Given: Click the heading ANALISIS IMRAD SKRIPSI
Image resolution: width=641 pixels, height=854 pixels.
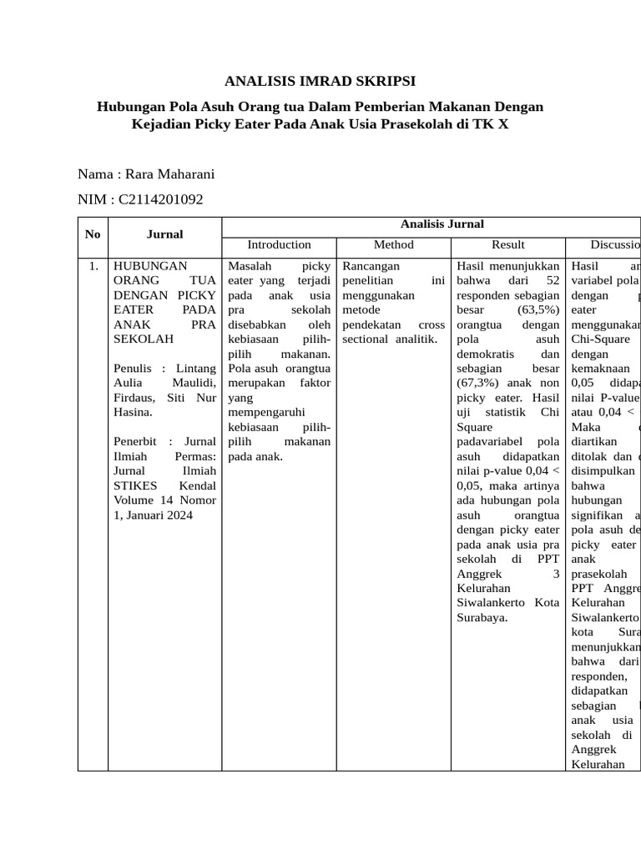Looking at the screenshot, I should pyautogui.click(x=320, y=81).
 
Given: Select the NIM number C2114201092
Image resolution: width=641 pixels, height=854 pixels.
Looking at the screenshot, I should pyautogui.click(x=161, y=199).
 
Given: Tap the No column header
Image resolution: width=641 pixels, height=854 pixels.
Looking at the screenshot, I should pyautogui.click(x=93, y=234).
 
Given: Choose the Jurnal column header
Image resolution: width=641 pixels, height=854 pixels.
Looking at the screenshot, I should pyautogui.click(x=164, y=234).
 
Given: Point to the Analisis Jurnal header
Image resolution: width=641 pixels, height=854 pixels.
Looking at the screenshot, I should pyautogui.click(x=442, y=224).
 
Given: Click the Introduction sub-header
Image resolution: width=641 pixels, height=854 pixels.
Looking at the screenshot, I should pyautogui.click(x=279, y=244).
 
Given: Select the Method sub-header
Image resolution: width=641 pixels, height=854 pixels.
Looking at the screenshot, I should pyautogui.click(x=393, y=244).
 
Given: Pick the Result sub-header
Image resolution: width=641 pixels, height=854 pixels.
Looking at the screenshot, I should pyautogui.click(x=507, y=244).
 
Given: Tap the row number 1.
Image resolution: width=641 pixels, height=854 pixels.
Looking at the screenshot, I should pyautogui.click(x=93, y=266).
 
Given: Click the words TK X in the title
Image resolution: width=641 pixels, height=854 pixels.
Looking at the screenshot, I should pyautogui.click(x=488, y=125).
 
